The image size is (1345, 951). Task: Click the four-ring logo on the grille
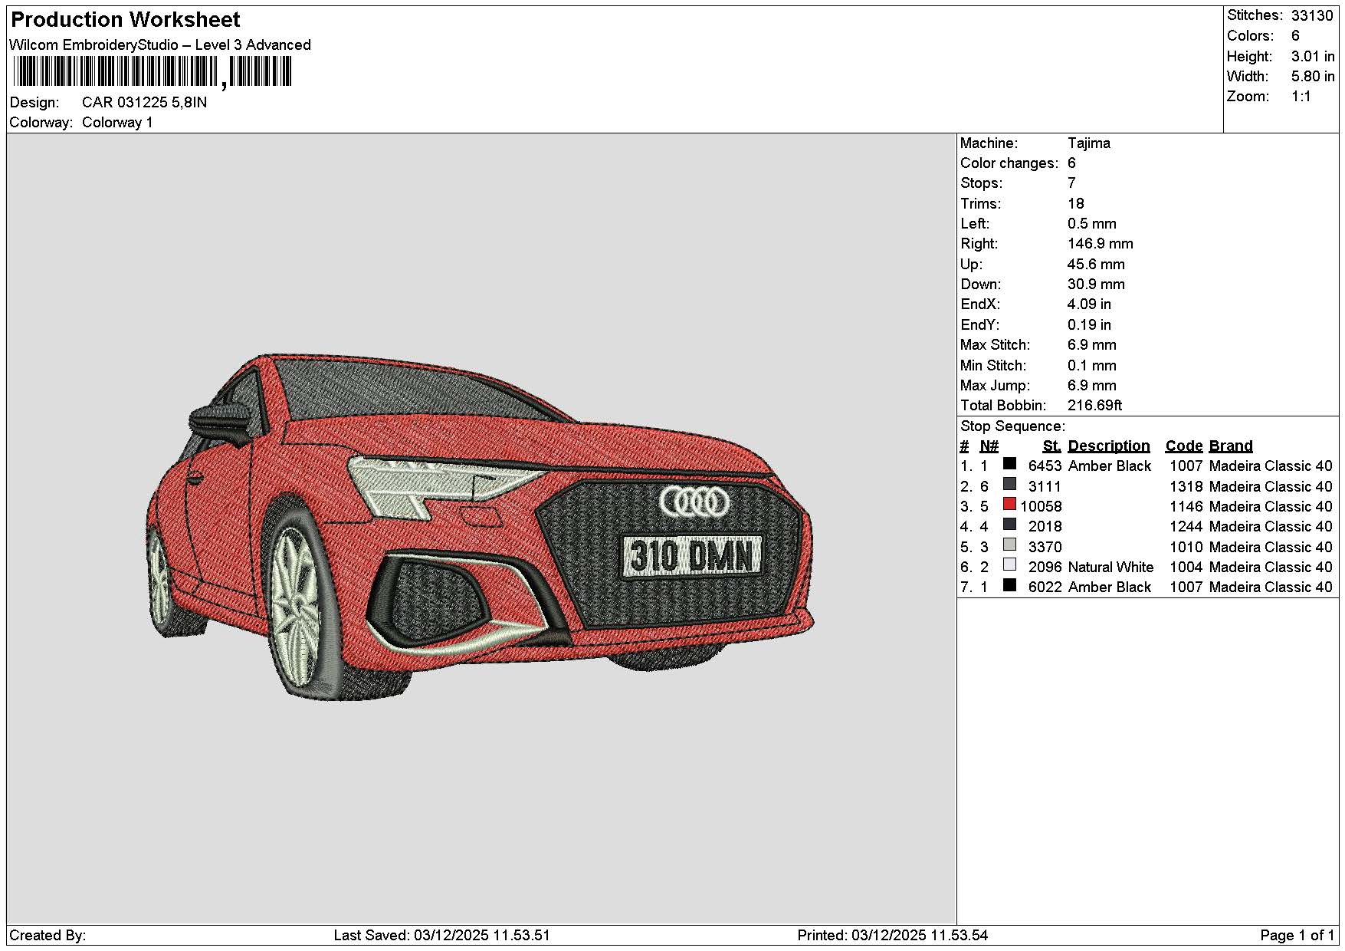(x=694, y=502)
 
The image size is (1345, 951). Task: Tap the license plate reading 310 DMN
(x=692, y=556)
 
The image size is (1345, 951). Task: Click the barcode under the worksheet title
(x=152, y=73)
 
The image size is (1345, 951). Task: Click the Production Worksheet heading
(x=126, y=20)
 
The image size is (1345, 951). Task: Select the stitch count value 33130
(x=1312, y=15)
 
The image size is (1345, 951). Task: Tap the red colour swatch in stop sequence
(x=1009, y=505)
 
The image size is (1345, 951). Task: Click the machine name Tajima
(x=1088, y=143)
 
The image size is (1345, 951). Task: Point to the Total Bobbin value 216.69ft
(x=1094, y=405)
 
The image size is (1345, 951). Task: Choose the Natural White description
(x=1110, y=567)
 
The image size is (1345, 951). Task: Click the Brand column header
(x=1231, y=446)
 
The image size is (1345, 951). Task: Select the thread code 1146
(x=1186, y=506)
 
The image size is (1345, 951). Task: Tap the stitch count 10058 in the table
(x=1041, y=506)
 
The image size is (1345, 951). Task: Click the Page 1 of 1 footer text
(x=1297, y=935)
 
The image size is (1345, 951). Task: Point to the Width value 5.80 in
(x=1313, y=76)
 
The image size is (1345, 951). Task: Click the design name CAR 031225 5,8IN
(x=145, y=102)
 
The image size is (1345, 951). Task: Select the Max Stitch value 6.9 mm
(x=1092, y=344)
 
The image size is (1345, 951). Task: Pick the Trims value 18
(x=1076, y=203)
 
